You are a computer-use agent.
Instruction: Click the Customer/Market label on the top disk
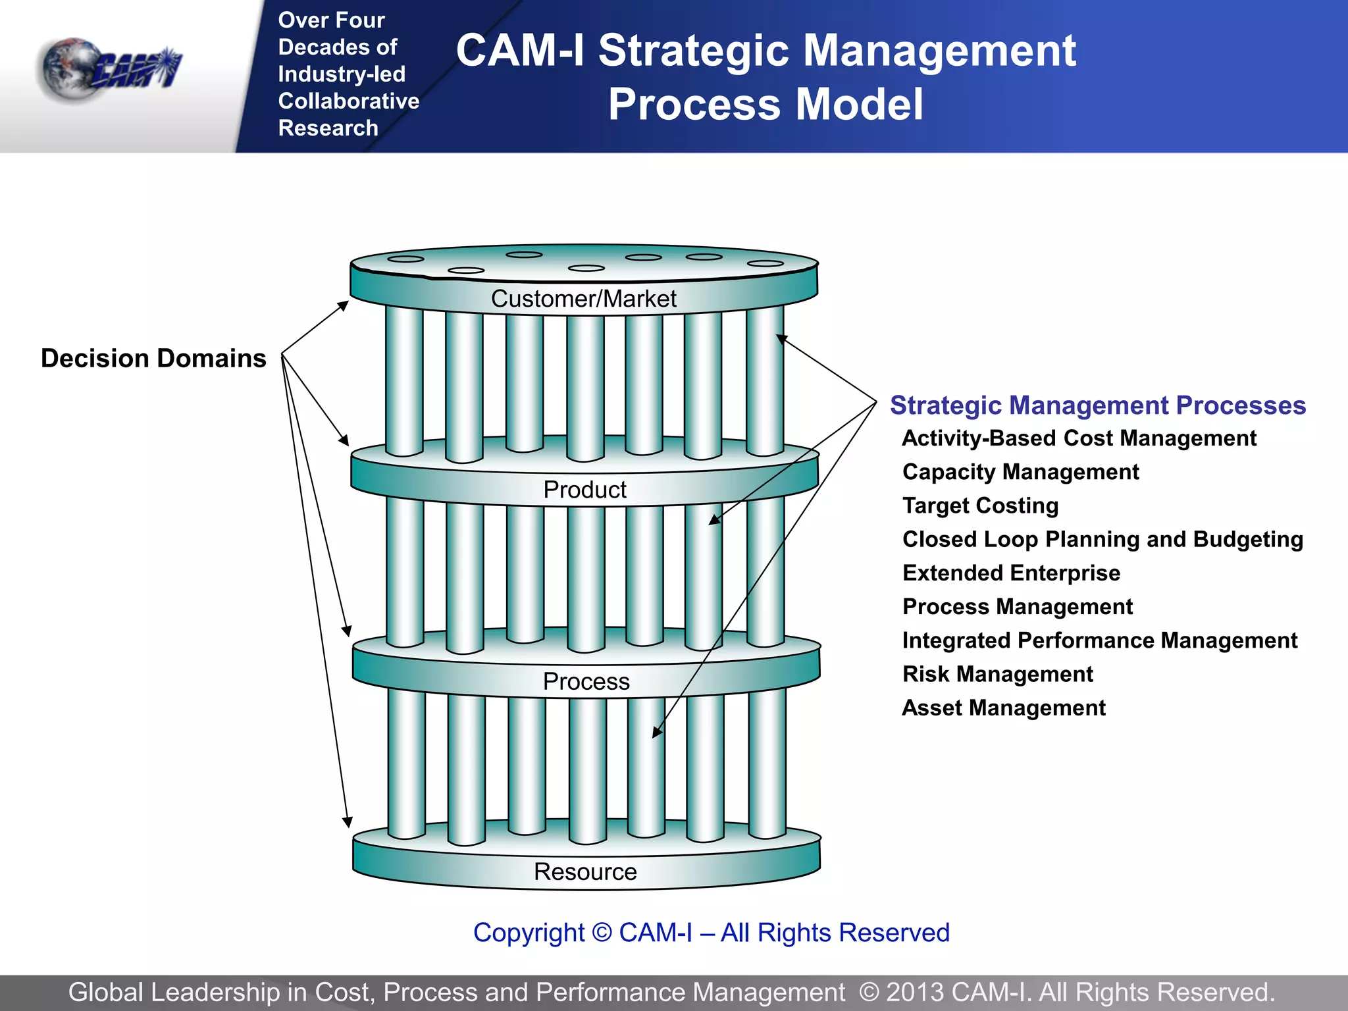point(584,299)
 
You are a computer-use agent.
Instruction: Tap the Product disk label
point(584,490)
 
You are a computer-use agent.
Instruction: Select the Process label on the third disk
point(586,681)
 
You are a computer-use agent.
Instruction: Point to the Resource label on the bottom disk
point(585,871)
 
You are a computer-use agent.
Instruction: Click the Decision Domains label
point(153,358)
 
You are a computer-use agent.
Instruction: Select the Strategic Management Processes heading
point(1097,405)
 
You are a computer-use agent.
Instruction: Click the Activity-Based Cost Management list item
point(1079,438)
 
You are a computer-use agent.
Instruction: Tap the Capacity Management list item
point(1020,472)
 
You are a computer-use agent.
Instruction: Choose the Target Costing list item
point(980,505)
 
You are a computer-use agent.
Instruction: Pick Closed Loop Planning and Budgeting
point(1102,539)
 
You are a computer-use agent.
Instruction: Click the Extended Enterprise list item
point(1011,573)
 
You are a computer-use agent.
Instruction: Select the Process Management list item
point(1018,606)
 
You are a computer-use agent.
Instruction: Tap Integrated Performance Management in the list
point(1099,640)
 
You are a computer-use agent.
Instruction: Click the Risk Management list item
point(997,674)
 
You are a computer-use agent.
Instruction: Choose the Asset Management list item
point(1003,708)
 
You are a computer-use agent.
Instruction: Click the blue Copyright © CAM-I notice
point(711,933)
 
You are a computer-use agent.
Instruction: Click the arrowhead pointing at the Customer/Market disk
point(343,305)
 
